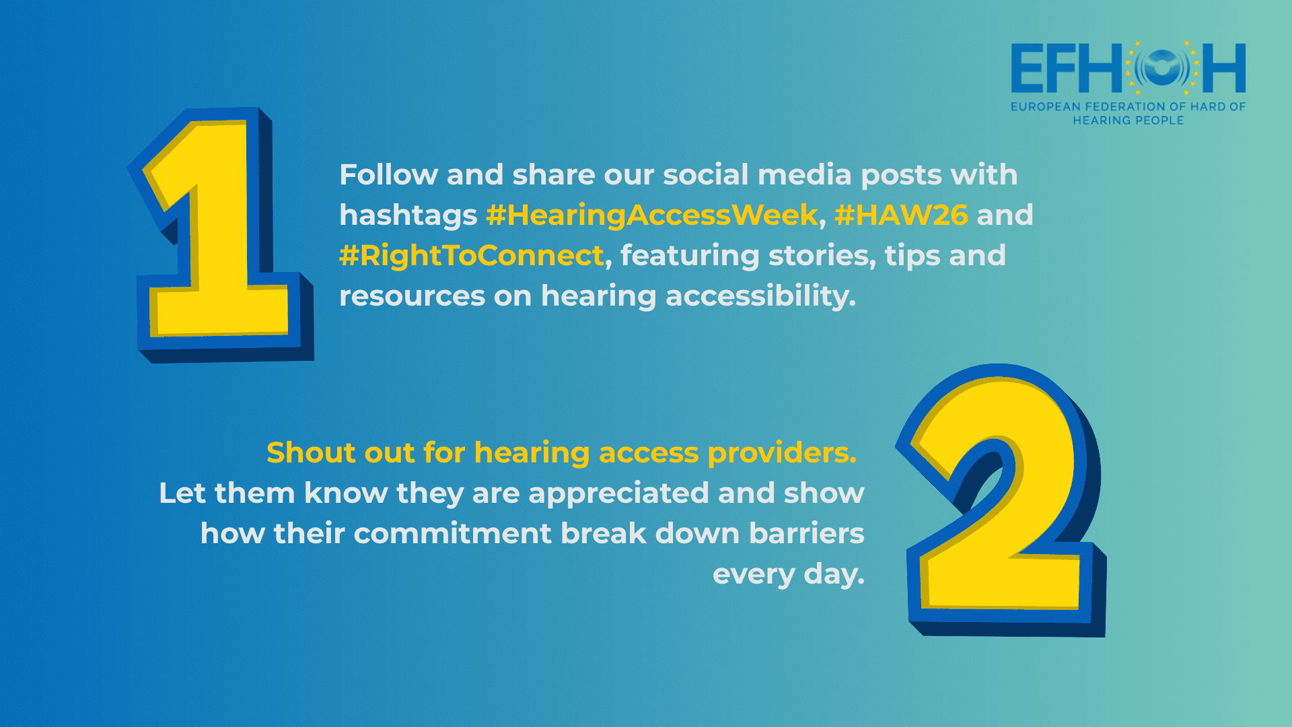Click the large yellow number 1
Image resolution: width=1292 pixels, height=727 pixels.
[x=222, y=236]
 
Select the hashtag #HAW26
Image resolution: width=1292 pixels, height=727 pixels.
[x=901, y=215]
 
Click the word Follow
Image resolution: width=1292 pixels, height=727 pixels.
[x=389, y=174]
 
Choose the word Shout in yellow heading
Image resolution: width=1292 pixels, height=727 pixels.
[x=311, y=452]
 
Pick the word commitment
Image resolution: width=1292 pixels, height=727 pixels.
[x=453, y=533]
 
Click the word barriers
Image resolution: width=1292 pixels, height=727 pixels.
[x=807, y=533]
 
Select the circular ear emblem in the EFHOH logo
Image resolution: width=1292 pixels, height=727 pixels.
[x=1162, y=67]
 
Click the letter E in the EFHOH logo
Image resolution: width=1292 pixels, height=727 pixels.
[x=1028, y=68]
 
